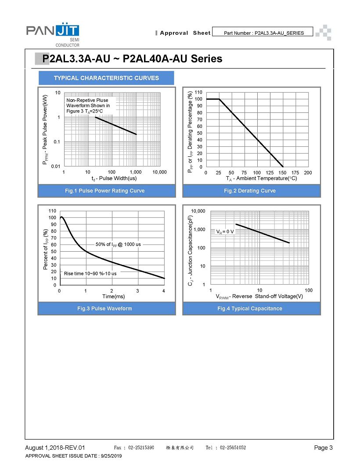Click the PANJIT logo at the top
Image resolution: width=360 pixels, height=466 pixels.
click(x=53, y=34)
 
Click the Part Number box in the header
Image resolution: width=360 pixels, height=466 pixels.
click(x=263, y=32)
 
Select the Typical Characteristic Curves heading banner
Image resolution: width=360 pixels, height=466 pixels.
click(x=106, y=78)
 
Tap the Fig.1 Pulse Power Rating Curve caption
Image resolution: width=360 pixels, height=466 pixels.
click(x=105, y=191)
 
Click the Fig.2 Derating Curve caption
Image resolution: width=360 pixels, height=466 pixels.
click(x=250, y=191)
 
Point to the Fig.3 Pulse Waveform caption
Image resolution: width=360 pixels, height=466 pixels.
click(x=104, y=308)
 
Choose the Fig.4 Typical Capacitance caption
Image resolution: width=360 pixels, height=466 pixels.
click(x=250, y=308)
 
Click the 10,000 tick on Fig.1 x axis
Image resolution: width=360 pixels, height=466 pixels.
click(x=159, y=172)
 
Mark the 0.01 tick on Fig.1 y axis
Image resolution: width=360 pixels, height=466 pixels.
click(x=56, y=166)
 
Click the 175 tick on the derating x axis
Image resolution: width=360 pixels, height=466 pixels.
click(x=295, y=173)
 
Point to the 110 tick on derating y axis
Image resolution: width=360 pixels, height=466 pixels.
click(x=198, y=92)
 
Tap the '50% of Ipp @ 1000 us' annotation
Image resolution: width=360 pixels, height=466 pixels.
click(x=118, y=245)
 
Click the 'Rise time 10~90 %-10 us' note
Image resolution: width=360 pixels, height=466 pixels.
click(x=90, y=274)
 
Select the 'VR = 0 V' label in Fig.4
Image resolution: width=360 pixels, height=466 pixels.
click(x=225, y=232)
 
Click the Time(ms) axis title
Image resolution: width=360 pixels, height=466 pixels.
click(x=113, y=296)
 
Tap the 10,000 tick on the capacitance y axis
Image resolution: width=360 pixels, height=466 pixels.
click(x=198, y=211)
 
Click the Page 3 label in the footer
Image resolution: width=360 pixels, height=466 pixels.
click(x=324, y=448)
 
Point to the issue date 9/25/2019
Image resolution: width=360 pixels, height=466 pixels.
click(x=112, y=456)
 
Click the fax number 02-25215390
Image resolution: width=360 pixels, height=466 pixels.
click(x=141, y=448)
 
